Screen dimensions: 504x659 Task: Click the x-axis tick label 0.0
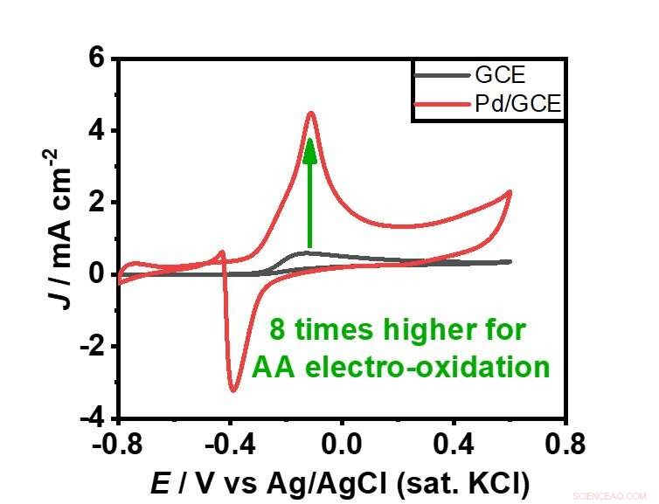(343, 444)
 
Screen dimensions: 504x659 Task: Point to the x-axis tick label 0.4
(454, 444)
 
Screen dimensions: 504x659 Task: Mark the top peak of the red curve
(310, 113)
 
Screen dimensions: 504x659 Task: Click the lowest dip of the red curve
(233, 390)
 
